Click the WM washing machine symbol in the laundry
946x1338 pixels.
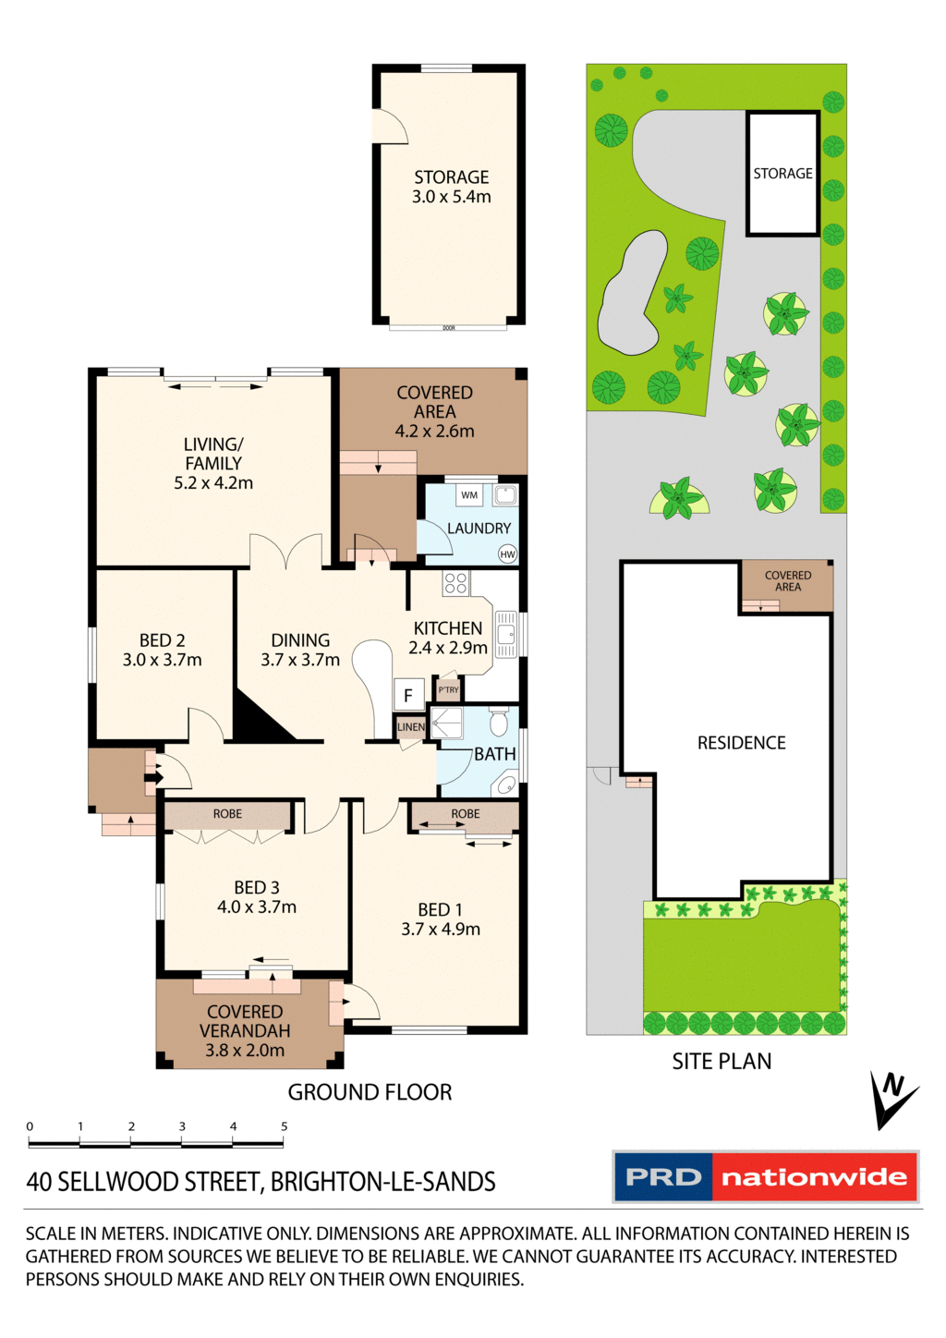point(469,495)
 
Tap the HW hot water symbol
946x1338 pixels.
point(507,554)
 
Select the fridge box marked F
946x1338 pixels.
point(408,695)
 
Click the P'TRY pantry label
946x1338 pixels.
point(449,690)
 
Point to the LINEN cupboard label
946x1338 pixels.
point(411,727)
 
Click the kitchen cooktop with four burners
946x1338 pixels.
point(455,582)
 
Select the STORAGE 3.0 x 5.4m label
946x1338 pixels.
point(451,187)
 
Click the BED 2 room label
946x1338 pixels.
point(163,650)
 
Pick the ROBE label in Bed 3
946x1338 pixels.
point(227,814)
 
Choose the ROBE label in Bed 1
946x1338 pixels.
point(466,814)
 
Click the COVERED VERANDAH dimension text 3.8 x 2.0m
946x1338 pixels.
point(245,1051)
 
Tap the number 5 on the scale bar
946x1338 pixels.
point(285,1126)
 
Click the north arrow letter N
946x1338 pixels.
point(892,1085)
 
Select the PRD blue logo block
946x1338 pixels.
point(663,1177)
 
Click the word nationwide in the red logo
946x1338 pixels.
point(814,1177)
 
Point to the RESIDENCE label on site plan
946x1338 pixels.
point(741,743)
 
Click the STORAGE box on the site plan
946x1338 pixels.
point(782,174)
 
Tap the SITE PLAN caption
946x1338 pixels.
point(722,1062)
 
